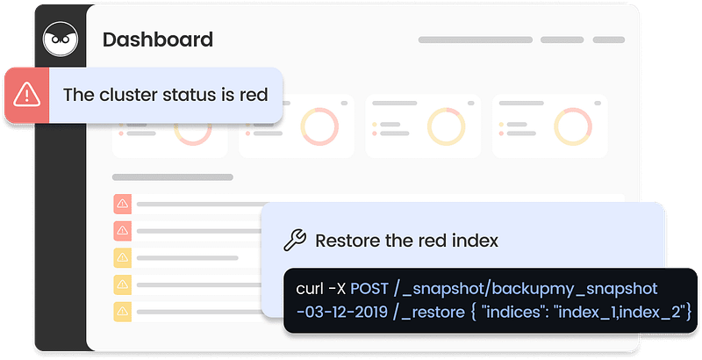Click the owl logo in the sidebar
coord(61,39)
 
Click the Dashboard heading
coord(158,40)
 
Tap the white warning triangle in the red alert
coord(27,95)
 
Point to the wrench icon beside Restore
coord(295,240)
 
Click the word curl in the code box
coord(310,288)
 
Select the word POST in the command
coord(369,288)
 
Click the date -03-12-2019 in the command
coord(342,312)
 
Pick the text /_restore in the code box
coord(429,312)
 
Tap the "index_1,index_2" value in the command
coord(622,312)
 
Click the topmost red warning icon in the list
coord(122,205)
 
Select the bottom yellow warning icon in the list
coord(122,311)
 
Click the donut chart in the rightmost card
coord(573,126)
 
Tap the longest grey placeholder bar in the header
coord(476,40)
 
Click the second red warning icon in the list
coord(122,231)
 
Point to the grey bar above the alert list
coord(173,177)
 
